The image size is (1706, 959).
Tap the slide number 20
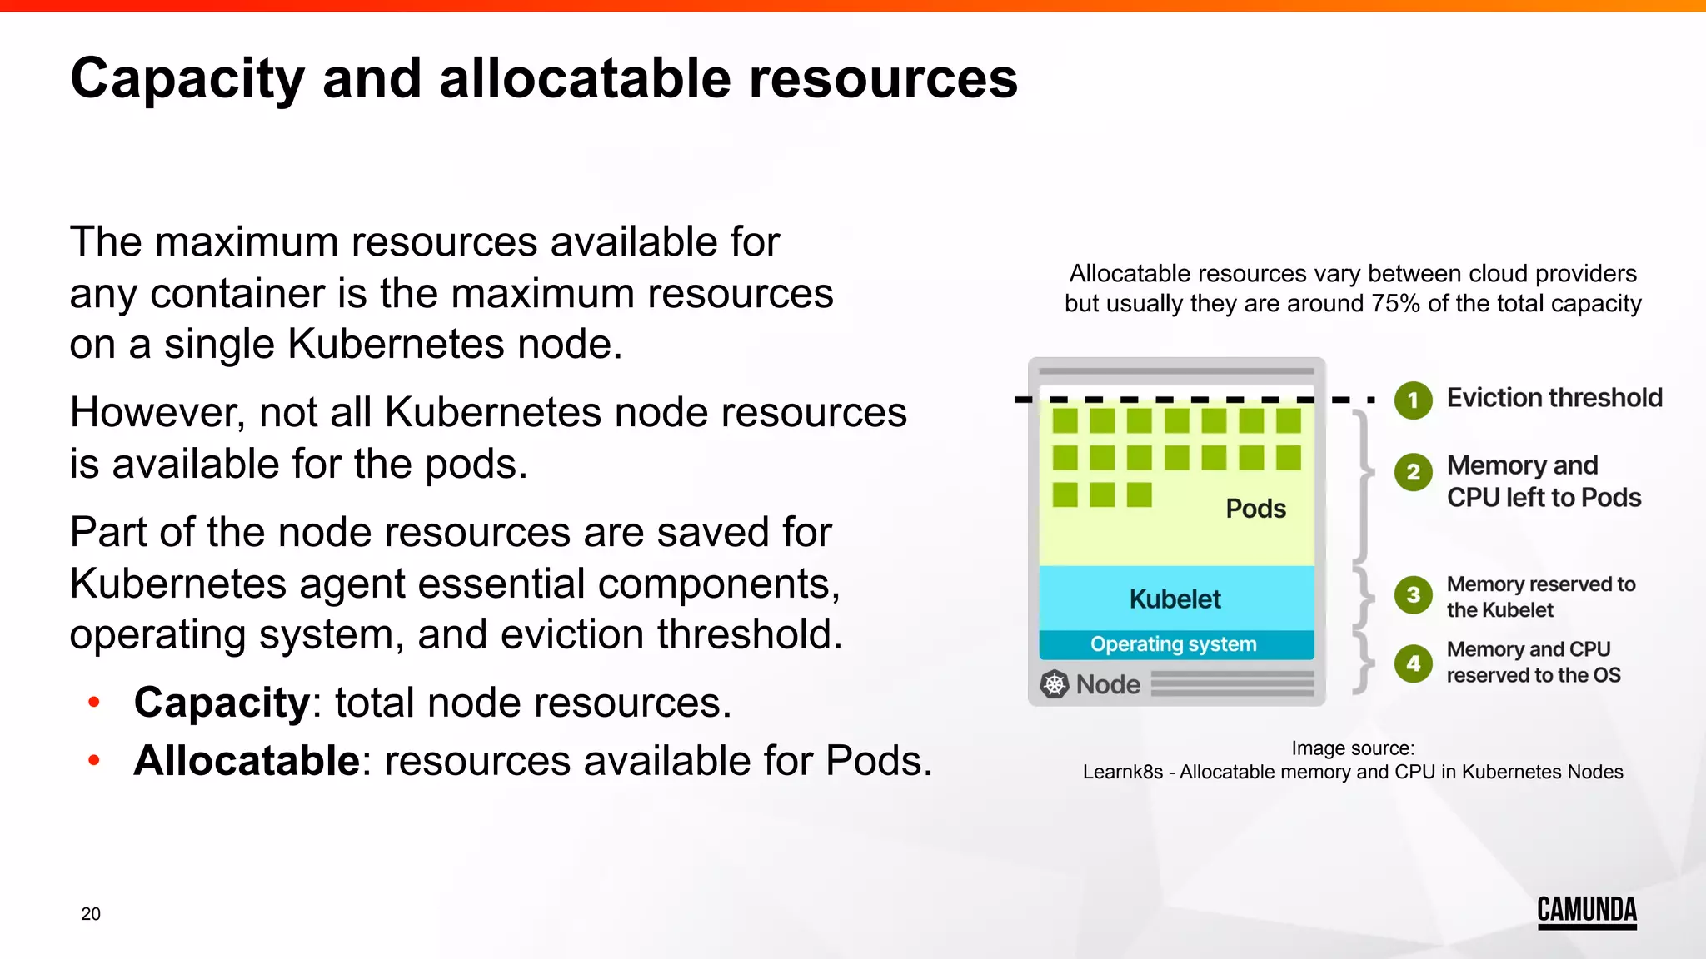click(91, 914)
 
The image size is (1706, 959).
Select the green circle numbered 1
click(1413, 400)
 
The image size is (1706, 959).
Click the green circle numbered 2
click(1413, 472)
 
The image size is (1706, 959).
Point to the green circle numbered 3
click(1413, 595)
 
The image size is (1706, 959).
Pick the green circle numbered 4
click(1413, 663)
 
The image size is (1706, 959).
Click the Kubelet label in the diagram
click(1175, 599)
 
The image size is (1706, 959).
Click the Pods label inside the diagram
click(1255, 509)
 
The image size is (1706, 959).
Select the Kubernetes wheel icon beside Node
click(1055, 684)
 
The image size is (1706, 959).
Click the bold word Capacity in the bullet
click(222, 703)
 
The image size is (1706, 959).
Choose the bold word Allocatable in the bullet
click(247, 761)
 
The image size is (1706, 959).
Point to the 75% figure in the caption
click(1395, 304)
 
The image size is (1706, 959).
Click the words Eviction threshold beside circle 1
click(1554, 398)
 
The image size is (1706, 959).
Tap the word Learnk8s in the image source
click(1122, 773)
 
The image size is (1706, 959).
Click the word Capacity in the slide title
click(187, 79)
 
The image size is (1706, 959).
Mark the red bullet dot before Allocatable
click(94, 760)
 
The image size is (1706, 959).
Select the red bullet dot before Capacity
click(94, 703)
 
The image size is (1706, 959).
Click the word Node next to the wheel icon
click(1108, 684)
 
